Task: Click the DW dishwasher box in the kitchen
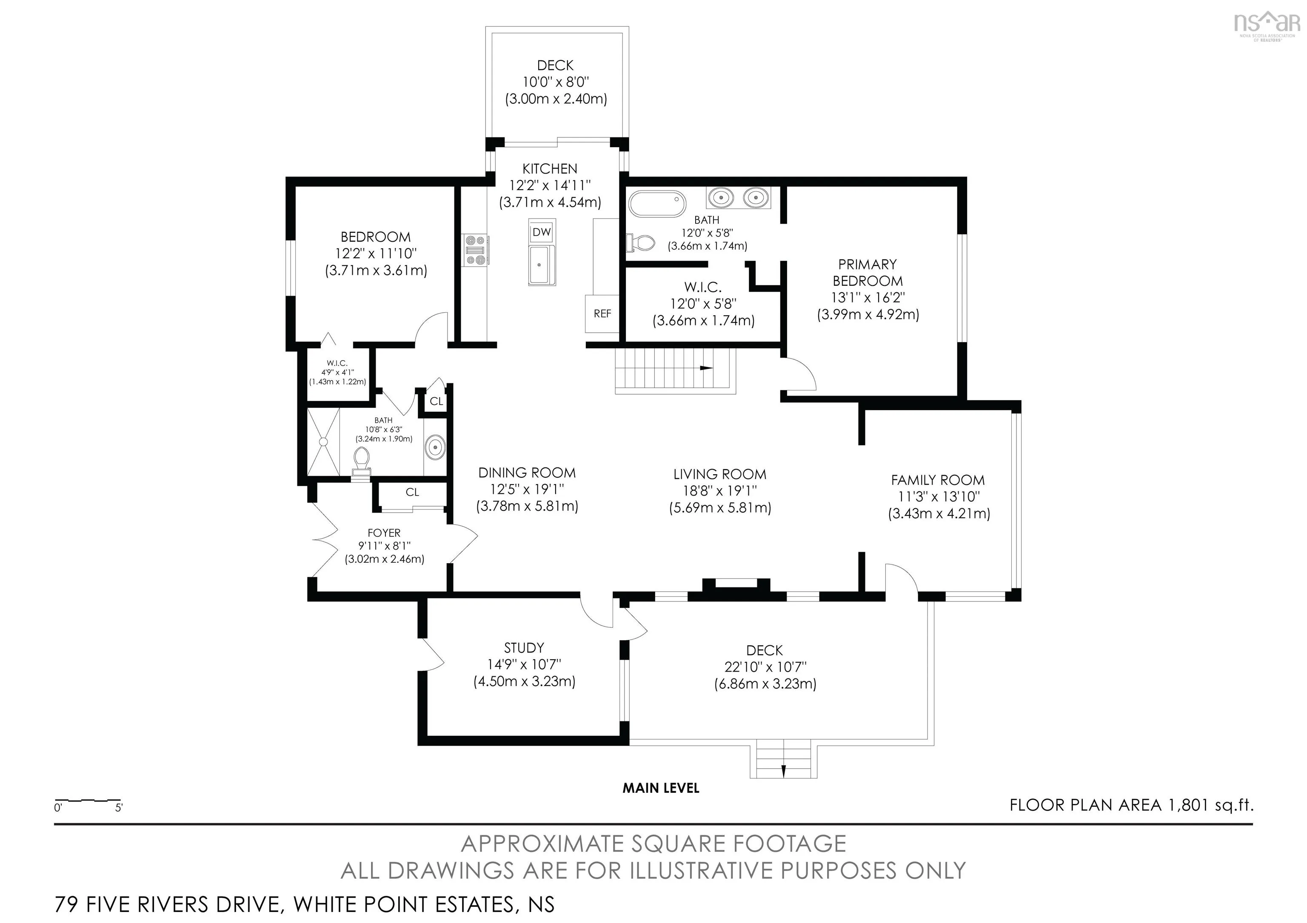coord(541,232)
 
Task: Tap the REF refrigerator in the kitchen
coord(602,313)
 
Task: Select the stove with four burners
coord(475,251)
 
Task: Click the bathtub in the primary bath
coord(657,204)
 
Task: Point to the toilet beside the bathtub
coord(640,243)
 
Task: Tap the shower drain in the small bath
coord(323,442)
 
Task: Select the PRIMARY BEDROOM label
coord(868,273)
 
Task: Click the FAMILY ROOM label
coord(938,480)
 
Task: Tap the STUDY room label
coord(524,647)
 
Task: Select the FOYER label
coord(384,533)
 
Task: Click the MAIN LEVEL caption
coord(660,788)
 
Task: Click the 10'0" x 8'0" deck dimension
coord(556,83)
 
